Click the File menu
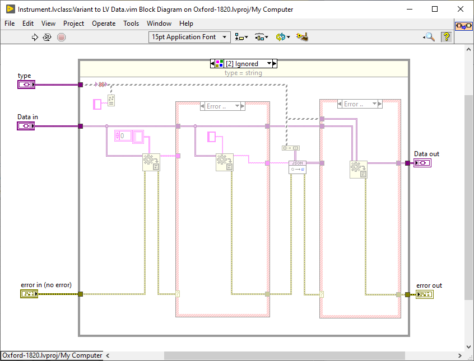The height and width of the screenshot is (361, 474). pos(10,24)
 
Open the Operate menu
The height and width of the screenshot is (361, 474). pos(104,24)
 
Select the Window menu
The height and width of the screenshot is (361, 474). pos(159,24)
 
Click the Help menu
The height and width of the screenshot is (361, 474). pos(186,24)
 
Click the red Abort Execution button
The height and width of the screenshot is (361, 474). pos(62,37)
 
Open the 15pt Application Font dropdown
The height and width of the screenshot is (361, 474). pos(190,37)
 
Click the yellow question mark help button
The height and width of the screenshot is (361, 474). pos(446,37)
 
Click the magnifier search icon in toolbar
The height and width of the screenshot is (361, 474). pos(429,37)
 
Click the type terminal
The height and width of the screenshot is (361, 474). pos(26,85)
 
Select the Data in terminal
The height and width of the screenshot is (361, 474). pos(26,126)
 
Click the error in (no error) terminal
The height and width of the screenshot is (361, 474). pos(29,294)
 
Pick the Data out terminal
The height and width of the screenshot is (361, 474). pos(422,163)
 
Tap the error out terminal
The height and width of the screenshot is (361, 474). pos(424,294)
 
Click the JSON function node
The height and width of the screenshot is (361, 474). pos(297,166)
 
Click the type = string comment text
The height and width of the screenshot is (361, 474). pos(243,73)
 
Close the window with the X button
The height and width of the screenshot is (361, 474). pos(460,9)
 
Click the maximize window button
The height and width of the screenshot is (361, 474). pos(435,9)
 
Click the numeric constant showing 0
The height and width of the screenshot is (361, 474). pos(123,135)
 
